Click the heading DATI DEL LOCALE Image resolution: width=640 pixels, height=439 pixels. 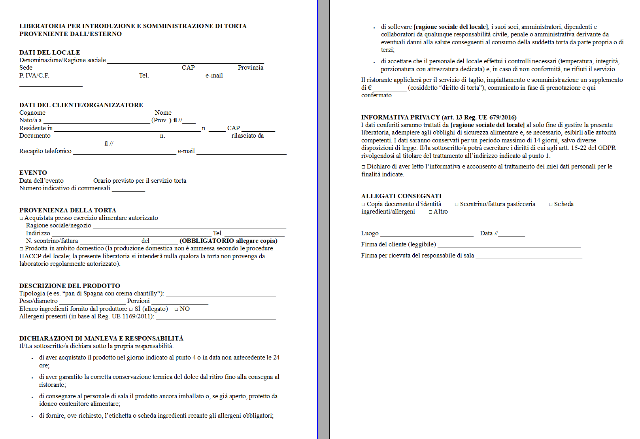49,52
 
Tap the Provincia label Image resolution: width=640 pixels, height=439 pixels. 250,68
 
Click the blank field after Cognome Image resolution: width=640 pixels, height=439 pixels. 100,113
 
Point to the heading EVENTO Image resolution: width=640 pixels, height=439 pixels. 33,173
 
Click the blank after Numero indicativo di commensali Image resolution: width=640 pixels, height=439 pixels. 128,189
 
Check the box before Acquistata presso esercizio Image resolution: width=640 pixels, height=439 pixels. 21,218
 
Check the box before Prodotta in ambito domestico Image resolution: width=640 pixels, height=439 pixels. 21,249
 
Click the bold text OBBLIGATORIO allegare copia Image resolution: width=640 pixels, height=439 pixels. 228,241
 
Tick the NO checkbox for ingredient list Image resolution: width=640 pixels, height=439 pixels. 176,309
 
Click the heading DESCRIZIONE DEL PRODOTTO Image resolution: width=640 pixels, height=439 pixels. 70,286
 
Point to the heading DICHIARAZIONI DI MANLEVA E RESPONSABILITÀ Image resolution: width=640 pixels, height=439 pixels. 101,338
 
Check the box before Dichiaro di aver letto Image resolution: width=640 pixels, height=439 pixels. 363,167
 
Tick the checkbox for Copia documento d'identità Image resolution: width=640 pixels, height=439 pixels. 363,204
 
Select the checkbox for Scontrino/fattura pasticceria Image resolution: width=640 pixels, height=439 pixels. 457,204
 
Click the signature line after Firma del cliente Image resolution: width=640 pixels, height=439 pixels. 509,245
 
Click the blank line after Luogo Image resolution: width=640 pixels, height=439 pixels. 427,234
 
